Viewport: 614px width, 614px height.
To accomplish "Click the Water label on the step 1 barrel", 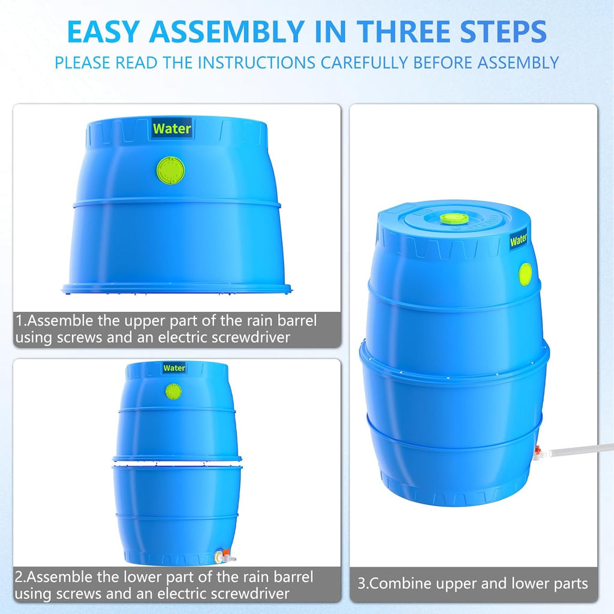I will coord(172,128).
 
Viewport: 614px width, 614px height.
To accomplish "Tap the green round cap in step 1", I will coord(171,170).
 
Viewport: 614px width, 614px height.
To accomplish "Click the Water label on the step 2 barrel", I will coord(174,368).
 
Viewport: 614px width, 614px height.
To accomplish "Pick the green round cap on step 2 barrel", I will coord(173,392).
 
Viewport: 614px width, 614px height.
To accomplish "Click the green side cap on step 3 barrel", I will coord(525,274).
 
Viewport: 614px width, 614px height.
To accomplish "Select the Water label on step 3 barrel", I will coord(518,241).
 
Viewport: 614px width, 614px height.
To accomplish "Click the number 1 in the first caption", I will coord(19,321).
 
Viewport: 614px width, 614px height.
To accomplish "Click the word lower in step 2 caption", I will coord(153,577).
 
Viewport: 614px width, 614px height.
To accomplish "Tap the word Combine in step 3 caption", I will coord(397,583).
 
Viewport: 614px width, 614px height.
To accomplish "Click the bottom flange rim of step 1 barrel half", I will coord(177,289).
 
